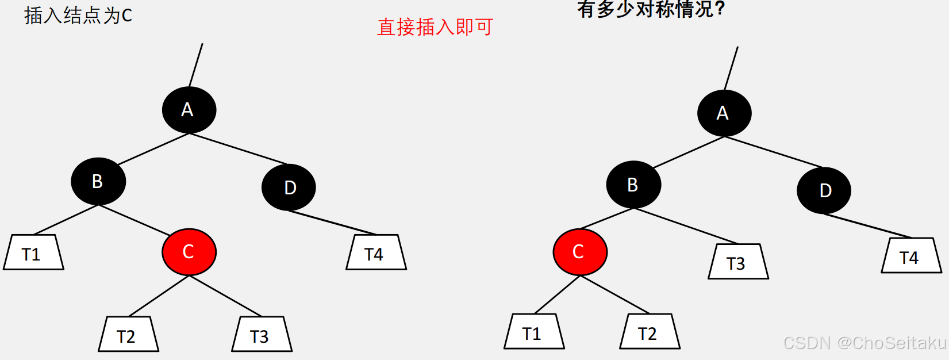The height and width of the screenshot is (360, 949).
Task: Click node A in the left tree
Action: [x=189, y=110]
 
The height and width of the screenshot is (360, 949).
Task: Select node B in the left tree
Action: [x=98, y=181]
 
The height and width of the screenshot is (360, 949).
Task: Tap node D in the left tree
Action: [x=289, y=187]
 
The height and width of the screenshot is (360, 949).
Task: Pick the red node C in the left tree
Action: [x=189, y=252]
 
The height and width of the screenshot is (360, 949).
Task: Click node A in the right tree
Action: [x=724, y=113]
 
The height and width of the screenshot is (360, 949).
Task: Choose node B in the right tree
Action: [x=633, y=185]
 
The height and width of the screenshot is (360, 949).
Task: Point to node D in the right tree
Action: [x=824, y=190]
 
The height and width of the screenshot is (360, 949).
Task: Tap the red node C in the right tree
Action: [x=579, y=252]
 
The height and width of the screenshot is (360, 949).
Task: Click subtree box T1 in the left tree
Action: [x=33, y=252]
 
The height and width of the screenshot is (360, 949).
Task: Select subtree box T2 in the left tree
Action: [x=128, y=334]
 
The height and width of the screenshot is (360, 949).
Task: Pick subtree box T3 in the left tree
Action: [x=262, y=334]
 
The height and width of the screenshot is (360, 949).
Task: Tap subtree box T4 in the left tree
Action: [x=376, y=252]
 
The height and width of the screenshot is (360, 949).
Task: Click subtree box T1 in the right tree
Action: [x=534, y=332]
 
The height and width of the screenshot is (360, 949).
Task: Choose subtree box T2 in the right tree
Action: [x=650, y=332]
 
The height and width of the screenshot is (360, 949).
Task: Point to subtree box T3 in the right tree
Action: [x=738, y=262]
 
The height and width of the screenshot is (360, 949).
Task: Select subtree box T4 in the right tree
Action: [x=911, y=256]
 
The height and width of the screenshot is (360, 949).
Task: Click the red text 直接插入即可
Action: [x=435, y=27]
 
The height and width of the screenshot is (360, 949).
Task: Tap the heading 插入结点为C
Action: [x=78, y=16]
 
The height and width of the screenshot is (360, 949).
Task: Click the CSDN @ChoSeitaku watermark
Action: [x=865, y=343]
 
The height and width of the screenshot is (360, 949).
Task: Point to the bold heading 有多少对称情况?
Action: [x=651, y=9]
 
